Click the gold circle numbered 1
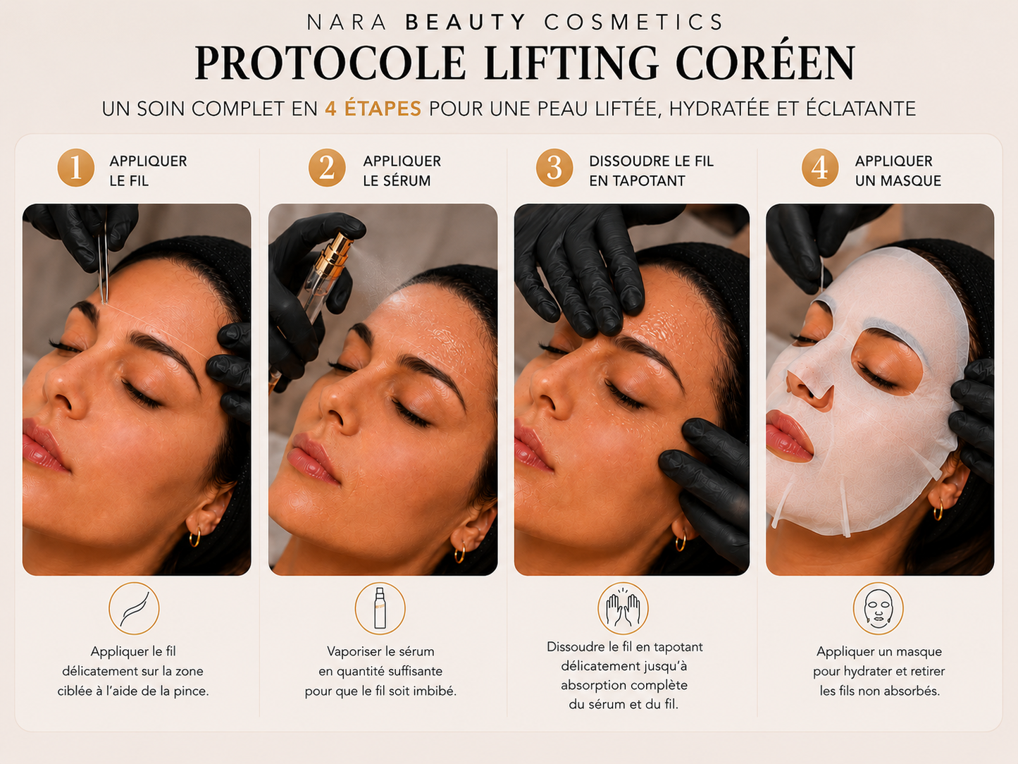tap(75, 168)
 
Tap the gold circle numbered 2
tap(327, 168)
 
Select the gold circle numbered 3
tap(554, 168)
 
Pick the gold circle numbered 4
tap(820, 168)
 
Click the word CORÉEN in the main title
tap(765, 63)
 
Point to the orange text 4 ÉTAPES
tap(373, 109)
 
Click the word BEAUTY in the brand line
tap(466, 22)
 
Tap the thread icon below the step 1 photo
tap(134, 608)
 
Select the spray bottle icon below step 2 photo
tap(380, 608)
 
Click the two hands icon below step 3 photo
tap(623, 608)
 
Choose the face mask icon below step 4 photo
tap(878, 608)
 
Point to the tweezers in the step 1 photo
tap(103, 263)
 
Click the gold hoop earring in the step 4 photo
tap(938, 510)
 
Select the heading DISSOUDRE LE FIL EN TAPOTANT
tap(651, 171)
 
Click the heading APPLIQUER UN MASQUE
tap(898, 171)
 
